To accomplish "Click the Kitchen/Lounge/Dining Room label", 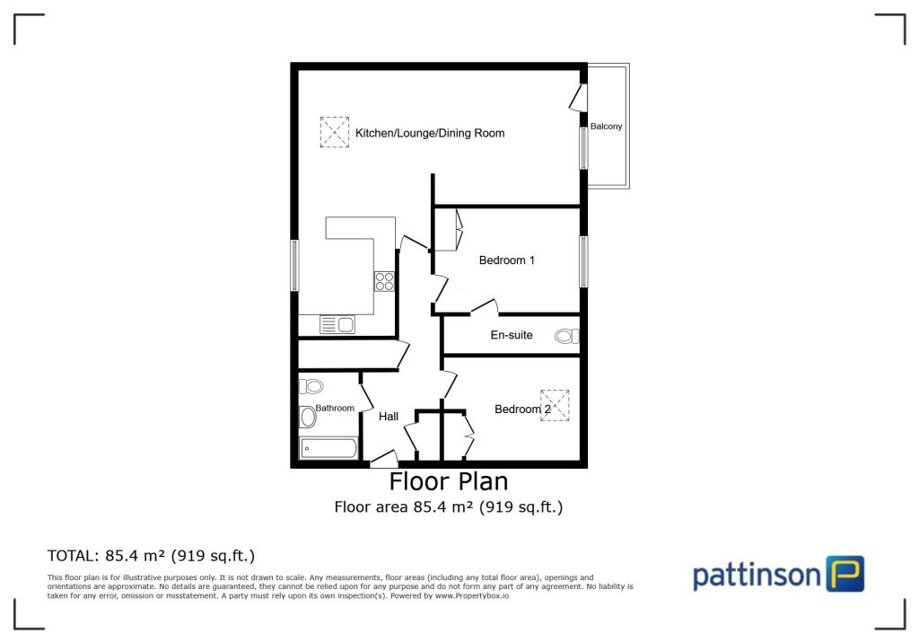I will (x=430, y=133).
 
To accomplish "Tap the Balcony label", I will (x=607, y=127).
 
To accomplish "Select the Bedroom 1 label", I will (x=507, y=260).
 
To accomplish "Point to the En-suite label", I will (x=512, y=335).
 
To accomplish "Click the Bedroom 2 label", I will (x=522, y=410).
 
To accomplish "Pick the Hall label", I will (x=389, y=417).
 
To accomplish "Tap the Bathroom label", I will (x=334, y=408).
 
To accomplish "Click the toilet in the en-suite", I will (x=566, y=337).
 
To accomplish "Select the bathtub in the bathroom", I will (x=328, y=447).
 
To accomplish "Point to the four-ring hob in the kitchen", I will (x=384, y=281).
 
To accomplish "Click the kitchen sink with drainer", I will (x=337, y=324).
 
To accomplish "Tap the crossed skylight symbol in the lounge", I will (x=334, y=133).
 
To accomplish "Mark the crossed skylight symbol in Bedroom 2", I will (x=556, y=404).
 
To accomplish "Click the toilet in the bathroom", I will (x=311, y=386).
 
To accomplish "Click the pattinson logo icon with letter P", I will (x=844, y=573).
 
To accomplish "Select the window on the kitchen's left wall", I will (x=294, y=264).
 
